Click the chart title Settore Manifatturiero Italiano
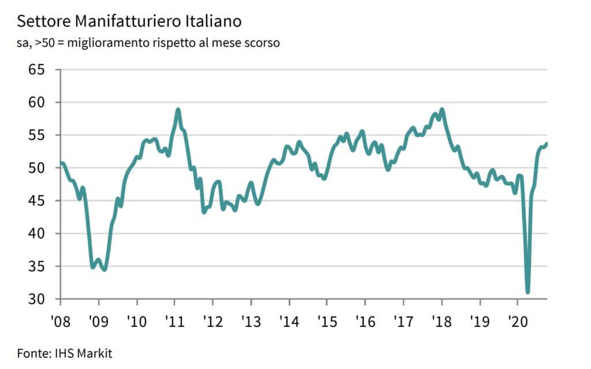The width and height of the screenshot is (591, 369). (x=129, y=22)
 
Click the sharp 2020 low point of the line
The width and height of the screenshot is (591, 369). (x=528, y=292)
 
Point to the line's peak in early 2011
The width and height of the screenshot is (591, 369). (x=178, y=109)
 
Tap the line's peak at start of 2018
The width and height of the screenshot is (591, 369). (x=442, y=109)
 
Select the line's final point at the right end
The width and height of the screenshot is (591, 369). (x=547, y=144)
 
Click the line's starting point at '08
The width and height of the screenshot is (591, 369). (x=61, y=163)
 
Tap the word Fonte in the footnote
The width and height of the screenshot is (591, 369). (x=32, y=353)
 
